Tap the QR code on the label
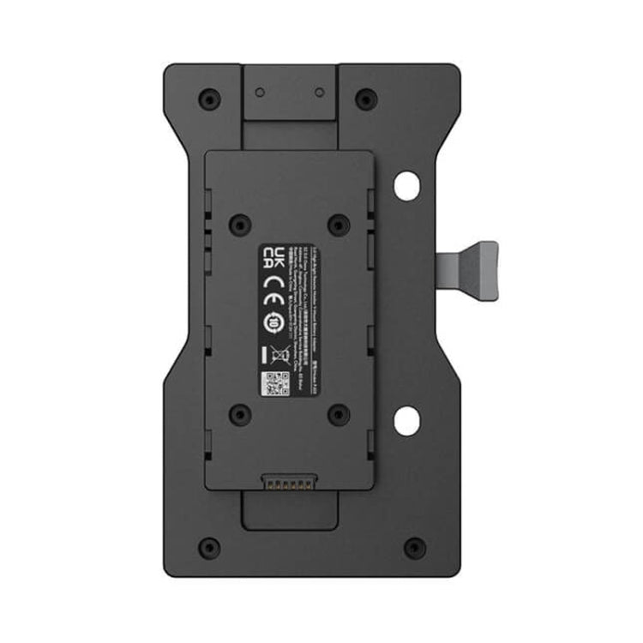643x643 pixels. click(x=273, y=383)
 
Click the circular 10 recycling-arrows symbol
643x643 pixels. click(x=273, y=321)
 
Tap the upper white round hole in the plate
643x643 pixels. click(x=406, y=186)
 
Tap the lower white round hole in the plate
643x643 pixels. click(x=406, y=420)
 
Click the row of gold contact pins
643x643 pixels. click(x=291, y=484)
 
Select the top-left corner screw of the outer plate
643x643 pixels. click(x=209, y=99)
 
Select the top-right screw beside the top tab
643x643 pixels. click(x=366, y=99)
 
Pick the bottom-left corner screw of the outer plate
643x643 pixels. click(x=208, y=547)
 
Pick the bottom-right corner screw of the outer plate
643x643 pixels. click(x=415, y=547)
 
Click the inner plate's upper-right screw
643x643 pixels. click(x=340, y=225)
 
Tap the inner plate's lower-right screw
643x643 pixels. click(x=340, y=415)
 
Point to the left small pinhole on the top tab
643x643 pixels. click(x=260, y=91)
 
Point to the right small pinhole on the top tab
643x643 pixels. click(x=319, y=91)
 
